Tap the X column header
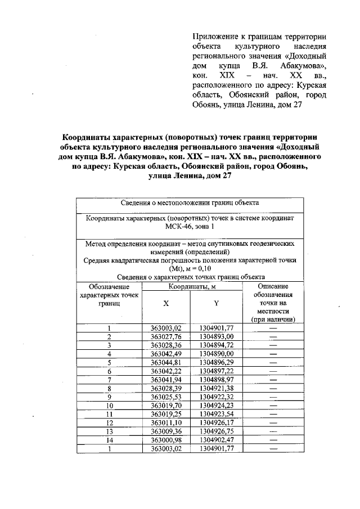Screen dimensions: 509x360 pos(166,302)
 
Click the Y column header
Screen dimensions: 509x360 pos(216,302)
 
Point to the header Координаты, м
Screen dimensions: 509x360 pos(191,287)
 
